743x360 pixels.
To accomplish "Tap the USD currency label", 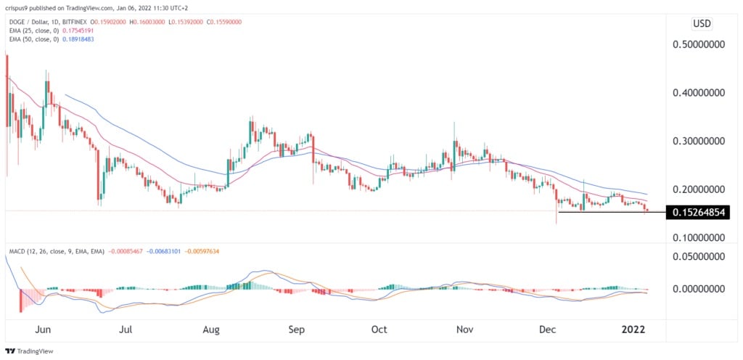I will (x=702, y=23).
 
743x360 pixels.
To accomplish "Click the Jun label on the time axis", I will (x=43, y=329).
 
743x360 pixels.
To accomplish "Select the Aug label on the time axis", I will (x=211, y=329).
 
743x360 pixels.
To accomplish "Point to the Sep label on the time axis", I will (x=296, y=329).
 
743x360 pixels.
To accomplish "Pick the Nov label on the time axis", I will (x=464, y=329).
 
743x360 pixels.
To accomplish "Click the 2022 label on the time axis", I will (x=633, y=329).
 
